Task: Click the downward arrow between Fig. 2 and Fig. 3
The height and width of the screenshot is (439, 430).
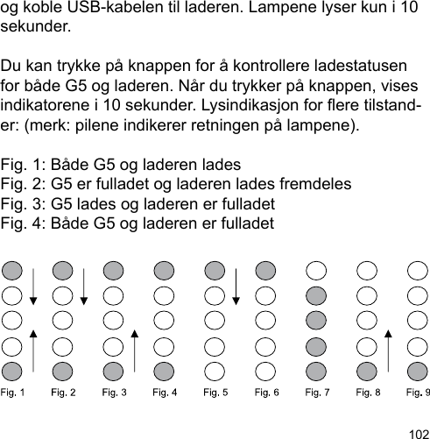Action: pyautogui.click(x=84, y=282)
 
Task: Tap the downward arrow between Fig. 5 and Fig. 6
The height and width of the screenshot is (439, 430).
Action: pyautogui.click(x=236, y=282)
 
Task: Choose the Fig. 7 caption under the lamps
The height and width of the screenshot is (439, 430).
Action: pyautogui.click(x=317, y=392)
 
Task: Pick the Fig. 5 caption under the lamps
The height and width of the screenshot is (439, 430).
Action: pyautogui.click(x=215, y=392)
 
